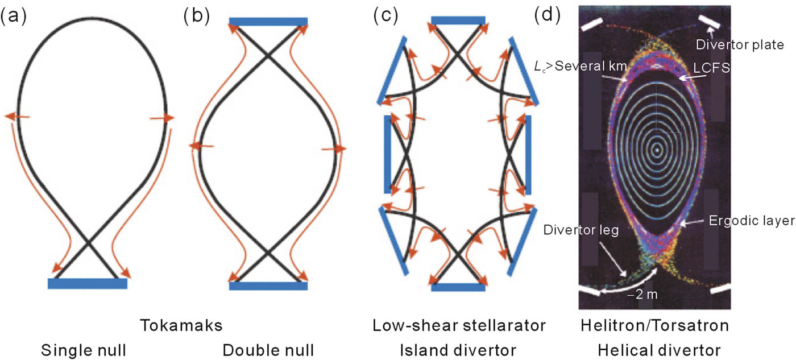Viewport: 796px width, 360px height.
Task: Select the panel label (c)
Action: coord(385,16)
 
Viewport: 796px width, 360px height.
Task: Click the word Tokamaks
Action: coord(181,326)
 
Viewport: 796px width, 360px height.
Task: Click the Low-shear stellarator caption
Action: coord(459,326)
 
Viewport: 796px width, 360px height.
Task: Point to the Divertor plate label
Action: coord(740,44)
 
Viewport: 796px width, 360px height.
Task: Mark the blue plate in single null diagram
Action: coord(87,283)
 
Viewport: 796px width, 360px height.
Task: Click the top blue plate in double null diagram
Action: coord(268,22)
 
